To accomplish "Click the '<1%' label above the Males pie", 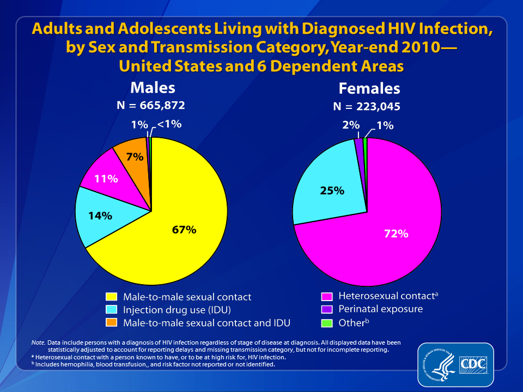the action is pyautogui.click(x=169, y=124).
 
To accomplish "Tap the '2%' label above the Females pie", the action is pyautogui.click(x=351, y=125).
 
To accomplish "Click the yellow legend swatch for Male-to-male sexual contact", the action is pyautogui.click(x=111, y=297).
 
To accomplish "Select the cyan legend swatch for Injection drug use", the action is pyautogui.click(x=111, y=310).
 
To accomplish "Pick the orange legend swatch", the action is pyautogui.click(x=111, y=322).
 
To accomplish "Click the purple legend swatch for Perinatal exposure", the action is pyautogui.click(x=327, y=309).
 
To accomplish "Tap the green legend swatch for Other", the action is pyautogui.click(x=327, y=323).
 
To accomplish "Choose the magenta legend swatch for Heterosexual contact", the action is pyautogui.click(x=327, y=296).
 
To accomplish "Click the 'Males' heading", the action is pyautogui.click(x=153, y=88).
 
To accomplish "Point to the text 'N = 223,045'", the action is pyautogui.click(x=367, y=106).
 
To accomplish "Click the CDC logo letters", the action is pyautogui.click(x=473, y=365).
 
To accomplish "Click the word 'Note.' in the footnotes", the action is pyautogui.click(x=38, y=342).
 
